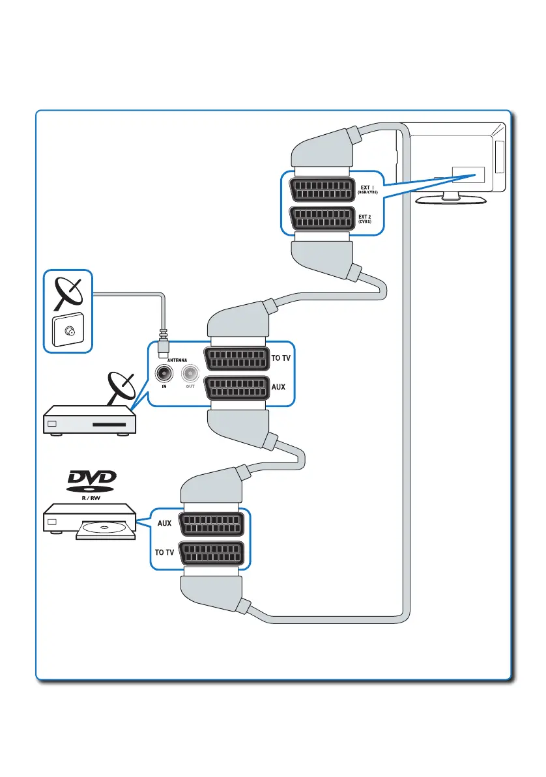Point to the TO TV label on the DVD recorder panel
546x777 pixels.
164,552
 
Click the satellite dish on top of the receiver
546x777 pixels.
123,389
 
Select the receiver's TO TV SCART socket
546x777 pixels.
237,359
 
